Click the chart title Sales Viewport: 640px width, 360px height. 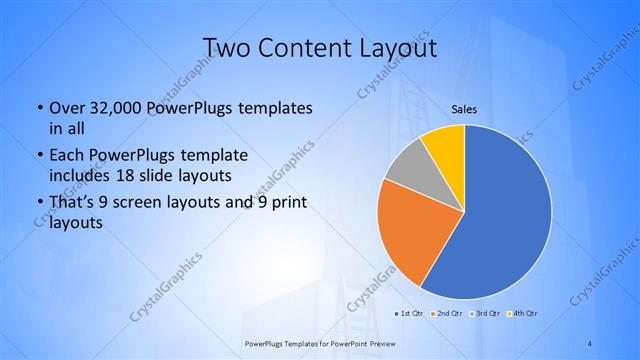click(x=463, y=108)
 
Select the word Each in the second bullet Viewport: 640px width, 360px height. click(x=67, y=156)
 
